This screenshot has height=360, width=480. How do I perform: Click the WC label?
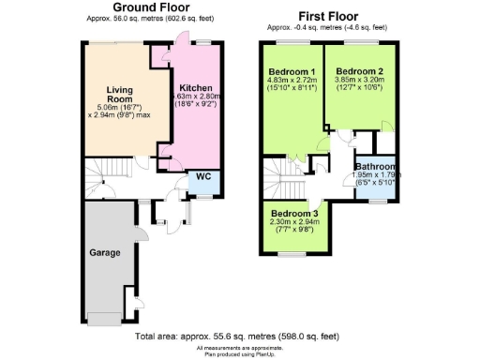(200, 177)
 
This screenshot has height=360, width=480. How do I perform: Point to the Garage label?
(103, 252)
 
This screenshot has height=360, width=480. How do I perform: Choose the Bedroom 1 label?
(292, 72)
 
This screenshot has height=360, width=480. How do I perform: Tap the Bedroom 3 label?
(295, 213)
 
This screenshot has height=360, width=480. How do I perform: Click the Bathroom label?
(377, 165)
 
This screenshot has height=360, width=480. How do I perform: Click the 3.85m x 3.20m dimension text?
(359, 82)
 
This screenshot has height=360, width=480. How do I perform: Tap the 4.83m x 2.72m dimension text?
(292, 82)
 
